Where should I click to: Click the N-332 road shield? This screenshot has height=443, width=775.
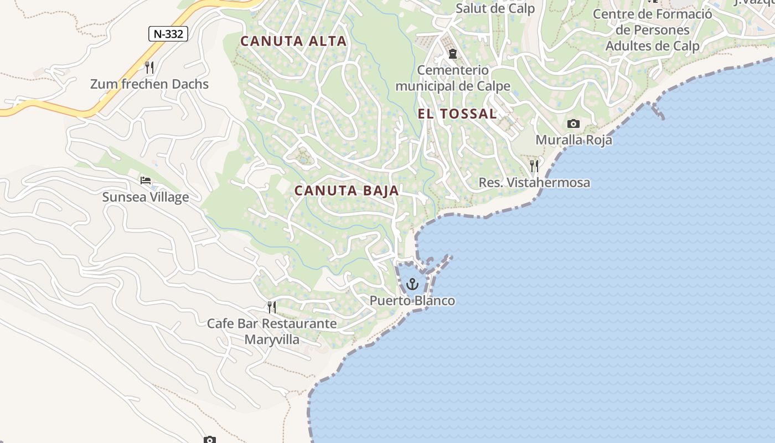pos(168,34)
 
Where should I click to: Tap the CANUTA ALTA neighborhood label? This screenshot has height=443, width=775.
pos(293,41)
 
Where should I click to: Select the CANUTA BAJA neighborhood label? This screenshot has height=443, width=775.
pos(347,190)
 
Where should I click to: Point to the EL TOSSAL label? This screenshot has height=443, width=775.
pos(457,114)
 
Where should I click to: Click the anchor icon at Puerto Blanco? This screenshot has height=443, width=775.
pos(412,285)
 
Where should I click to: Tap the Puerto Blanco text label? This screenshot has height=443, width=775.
pos(412,301)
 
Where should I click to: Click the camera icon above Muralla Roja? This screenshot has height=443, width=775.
pos(573,123)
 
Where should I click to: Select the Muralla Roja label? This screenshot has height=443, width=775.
pos(573,140)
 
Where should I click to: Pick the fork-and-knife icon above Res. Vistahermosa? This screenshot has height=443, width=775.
pos(534,166)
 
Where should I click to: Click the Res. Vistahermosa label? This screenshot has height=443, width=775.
pos(534,182)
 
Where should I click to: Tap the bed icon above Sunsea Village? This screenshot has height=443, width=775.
pos(146,181)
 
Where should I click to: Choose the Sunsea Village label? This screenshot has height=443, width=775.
pos(146,197)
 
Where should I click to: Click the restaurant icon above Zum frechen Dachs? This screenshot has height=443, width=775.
pos(149,68)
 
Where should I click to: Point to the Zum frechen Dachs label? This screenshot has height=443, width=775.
pos(149,84)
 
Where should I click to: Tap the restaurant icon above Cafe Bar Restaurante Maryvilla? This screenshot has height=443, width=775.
pos(271,307)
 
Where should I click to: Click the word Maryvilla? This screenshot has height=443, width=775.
pos(272,339)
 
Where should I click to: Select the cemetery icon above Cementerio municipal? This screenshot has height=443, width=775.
pos(453,54)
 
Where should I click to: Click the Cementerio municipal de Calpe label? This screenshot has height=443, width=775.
pos(453,78)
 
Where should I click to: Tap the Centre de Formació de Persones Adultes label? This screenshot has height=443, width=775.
pos(653,30)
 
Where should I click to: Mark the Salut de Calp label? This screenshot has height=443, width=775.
pos(495,8)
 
